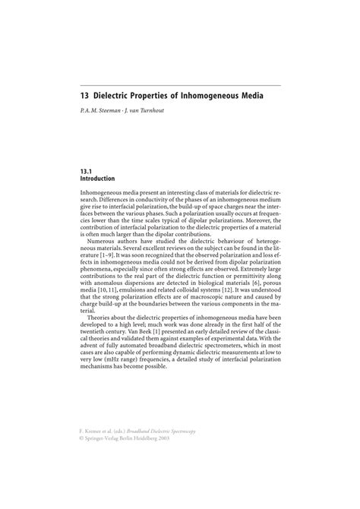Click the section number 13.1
86,172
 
